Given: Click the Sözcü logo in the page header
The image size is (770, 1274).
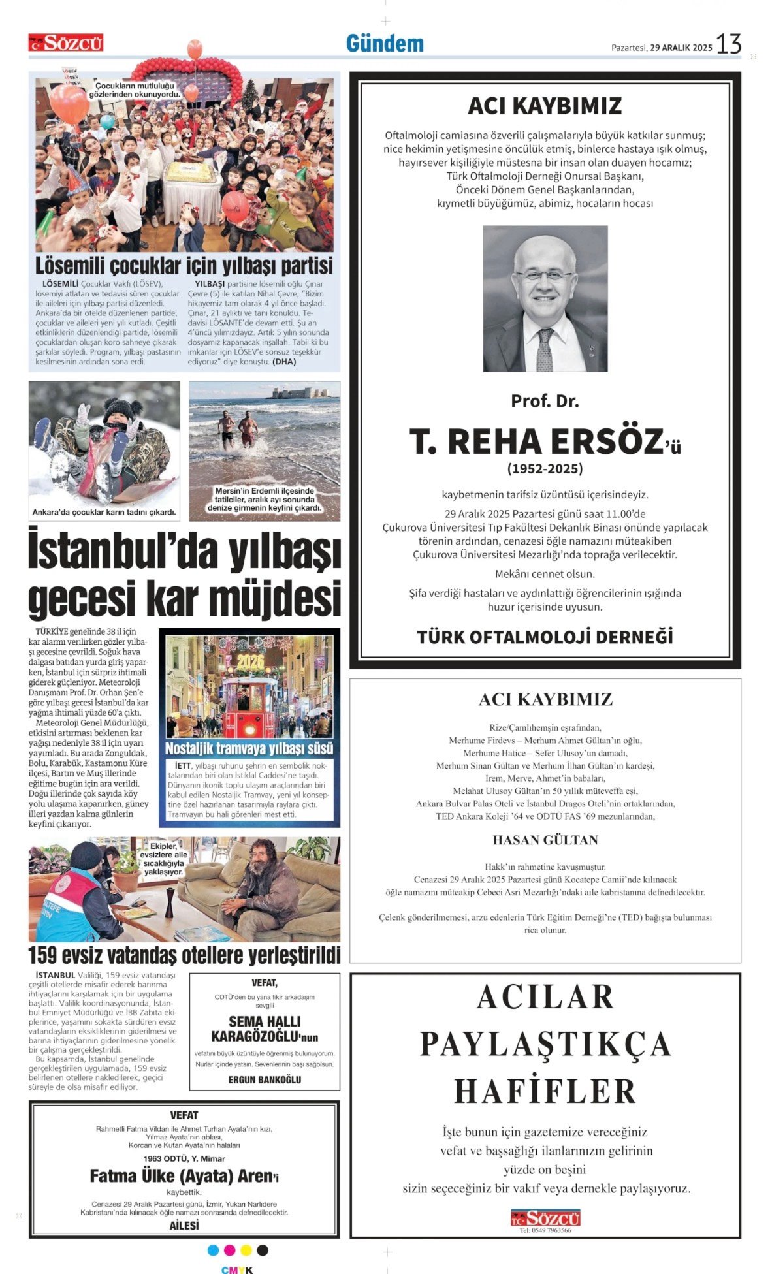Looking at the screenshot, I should pyautogui.click(x=66, y=43).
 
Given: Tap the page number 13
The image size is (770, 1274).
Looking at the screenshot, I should pyautogui.click(x=728, y=44).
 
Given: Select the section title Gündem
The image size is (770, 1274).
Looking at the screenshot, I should pyautogui.click(x=385, y=44).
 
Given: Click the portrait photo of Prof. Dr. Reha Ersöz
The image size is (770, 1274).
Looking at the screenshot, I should pyautogui.click(x=545, y=298).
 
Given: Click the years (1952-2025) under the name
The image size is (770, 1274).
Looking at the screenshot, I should pyautogui.click(x=545, y=469).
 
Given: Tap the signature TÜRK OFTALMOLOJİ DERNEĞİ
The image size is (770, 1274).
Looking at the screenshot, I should pyautogui.click(x=545, y=637).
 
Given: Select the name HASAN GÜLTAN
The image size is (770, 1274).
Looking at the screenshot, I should pyautogui.click(x=545, y=840).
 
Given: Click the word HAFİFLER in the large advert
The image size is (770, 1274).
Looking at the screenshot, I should pyautogui.click(x=545, y=1091).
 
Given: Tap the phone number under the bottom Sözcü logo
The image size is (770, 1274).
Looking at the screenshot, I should pyautogui.click(x=545, y=1230).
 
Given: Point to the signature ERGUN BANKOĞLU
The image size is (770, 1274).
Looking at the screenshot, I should pyautogui.click(x=265, y=1079).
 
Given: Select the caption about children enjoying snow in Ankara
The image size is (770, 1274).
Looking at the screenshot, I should pyautogui.click(x=104, y=513).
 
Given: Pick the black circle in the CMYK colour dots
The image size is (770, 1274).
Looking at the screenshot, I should pyautogui.click(x=263, y=1250).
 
